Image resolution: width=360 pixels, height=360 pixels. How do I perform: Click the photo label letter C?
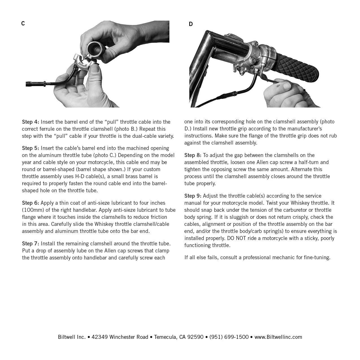point(23,24)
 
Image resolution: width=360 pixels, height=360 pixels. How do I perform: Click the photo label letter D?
point(191,24)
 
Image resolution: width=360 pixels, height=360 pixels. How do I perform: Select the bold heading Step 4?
point(30,122)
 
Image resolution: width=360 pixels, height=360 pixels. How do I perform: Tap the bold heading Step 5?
point(30,148)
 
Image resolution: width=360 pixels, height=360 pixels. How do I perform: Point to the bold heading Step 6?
point(30,203)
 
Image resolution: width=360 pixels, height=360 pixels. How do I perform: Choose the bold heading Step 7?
point(30,244)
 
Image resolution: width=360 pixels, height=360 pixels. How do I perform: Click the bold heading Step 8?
point(193,155)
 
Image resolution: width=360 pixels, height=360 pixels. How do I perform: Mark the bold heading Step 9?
point(193,196)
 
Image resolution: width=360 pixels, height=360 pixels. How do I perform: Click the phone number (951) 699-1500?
point(229,337)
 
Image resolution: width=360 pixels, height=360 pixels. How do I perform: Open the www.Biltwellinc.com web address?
point(278,337)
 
